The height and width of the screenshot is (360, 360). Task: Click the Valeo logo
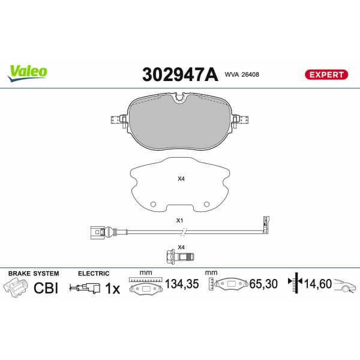click(28, 73)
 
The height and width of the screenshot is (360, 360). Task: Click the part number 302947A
click(180, 74)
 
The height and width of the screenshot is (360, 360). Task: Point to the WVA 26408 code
click(242, 74)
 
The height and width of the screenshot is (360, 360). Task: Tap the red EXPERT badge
click(326, 74)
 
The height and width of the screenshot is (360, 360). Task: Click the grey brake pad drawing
click(180, 121)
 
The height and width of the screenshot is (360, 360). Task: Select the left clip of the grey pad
click(119, 120)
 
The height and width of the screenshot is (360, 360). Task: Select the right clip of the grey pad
click(241, 120)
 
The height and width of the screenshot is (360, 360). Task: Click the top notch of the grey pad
click(180, 98)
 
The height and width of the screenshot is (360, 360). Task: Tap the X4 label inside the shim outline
click(181, 178)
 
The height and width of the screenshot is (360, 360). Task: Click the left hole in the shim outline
click(153, 204)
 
